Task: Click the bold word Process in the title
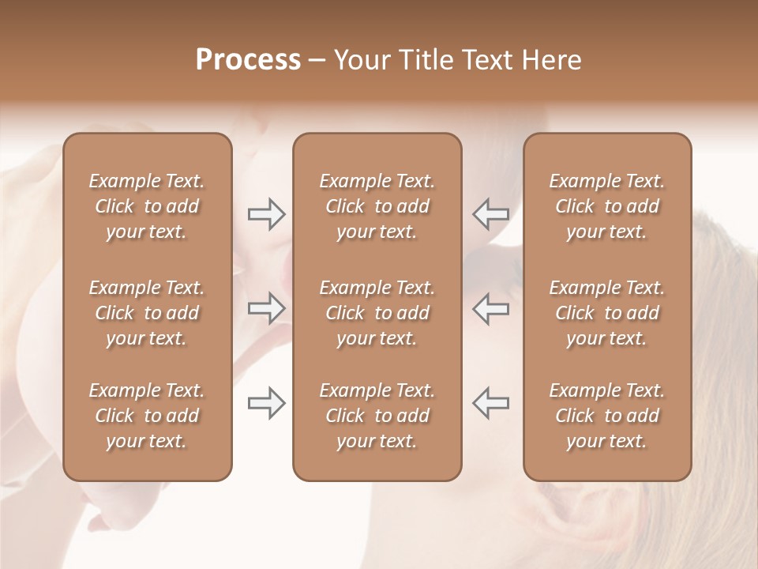(x=248, y=60)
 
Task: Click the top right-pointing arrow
(x=267, y=213)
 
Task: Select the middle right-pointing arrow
(x=267, y=308)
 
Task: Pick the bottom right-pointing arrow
(x=267, y=403)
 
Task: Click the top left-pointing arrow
(x=490, y=213)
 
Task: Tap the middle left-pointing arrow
(x=490, y=308)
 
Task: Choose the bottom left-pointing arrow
(x=490, y=403)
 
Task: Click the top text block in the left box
(x=147, y=206)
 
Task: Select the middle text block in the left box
(x=147, y=313)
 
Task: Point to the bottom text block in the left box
(x=147, y=416)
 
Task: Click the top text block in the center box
(x=377, y=206)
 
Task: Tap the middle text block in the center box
(x=377, y=313)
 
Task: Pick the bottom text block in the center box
(x=377, y=416)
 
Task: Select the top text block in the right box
(x=607, y=206)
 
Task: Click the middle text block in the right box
(x=607, y=313)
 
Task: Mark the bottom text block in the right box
(x=607, y=416)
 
